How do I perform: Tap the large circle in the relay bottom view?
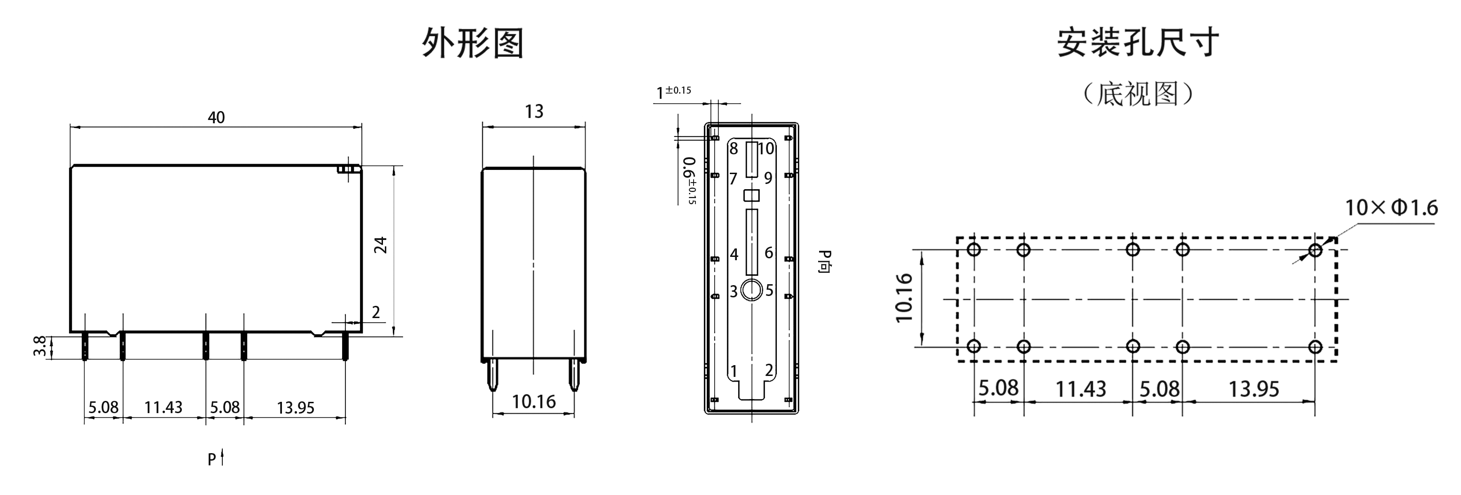(x=751, y=289)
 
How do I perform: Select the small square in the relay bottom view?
(x=751, y=195)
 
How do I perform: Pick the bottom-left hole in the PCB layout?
(x=974, y=346)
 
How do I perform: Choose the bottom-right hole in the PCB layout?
(x=1316, y=346)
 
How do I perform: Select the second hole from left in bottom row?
(x=1023, y=346)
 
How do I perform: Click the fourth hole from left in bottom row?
(x=1182, y=346)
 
